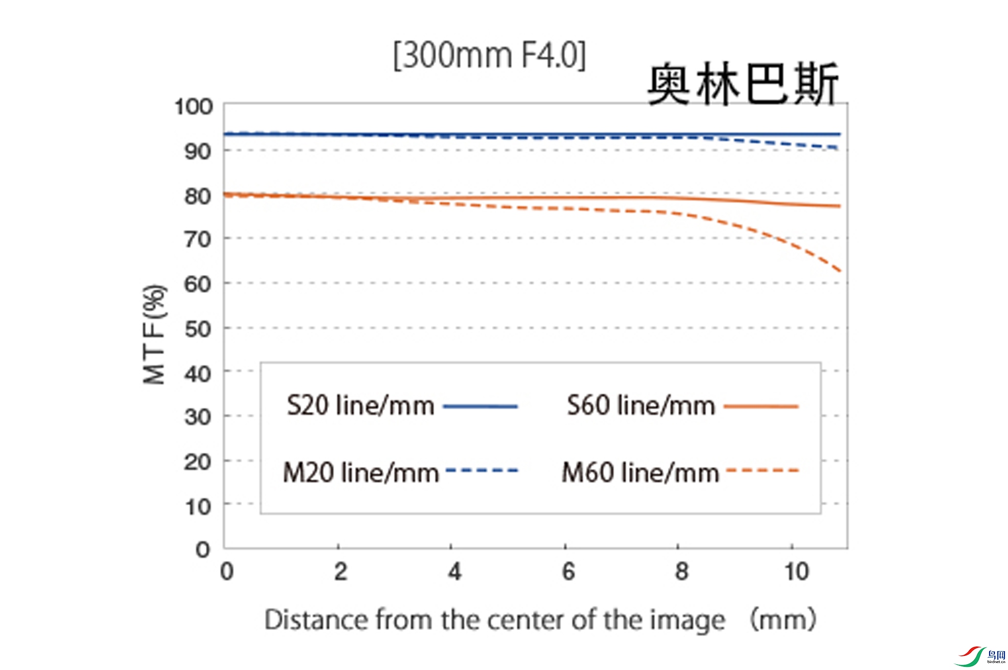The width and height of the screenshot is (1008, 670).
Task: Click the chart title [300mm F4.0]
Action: pos(489,55)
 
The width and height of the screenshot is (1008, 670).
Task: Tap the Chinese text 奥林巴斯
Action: pos(742,84)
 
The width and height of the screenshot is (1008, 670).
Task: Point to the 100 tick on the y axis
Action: pos(194,107)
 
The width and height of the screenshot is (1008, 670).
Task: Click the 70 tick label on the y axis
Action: pos(197,240)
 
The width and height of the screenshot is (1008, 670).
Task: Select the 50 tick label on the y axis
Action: pos(197,329)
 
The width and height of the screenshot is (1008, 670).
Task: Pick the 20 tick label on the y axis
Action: pos(197,462)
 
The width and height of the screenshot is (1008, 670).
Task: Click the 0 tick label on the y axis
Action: pos(203,550)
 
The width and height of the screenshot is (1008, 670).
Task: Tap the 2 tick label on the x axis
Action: pos(341,571)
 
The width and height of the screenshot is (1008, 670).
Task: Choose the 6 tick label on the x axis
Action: pos(568,571)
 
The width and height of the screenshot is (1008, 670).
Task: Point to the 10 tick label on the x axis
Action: pos(796,571)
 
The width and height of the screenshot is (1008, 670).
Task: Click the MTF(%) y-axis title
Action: pos(154,334)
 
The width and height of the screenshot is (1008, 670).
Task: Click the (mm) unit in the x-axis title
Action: pos(782,620)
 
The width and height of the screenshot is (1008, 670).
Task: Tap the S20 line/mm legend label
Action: pos(361,406)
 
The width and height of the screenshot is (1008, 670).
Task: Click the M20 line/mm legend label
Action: pos(361,472)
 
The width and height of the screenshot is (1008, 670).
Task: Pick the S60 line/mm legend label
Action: pos(641,406)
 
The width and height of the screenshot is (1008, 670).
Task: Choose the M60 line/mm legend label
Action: pos(640,472)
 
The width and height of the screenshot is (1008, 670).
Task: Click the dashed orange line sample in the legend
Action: pos(762,471)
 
